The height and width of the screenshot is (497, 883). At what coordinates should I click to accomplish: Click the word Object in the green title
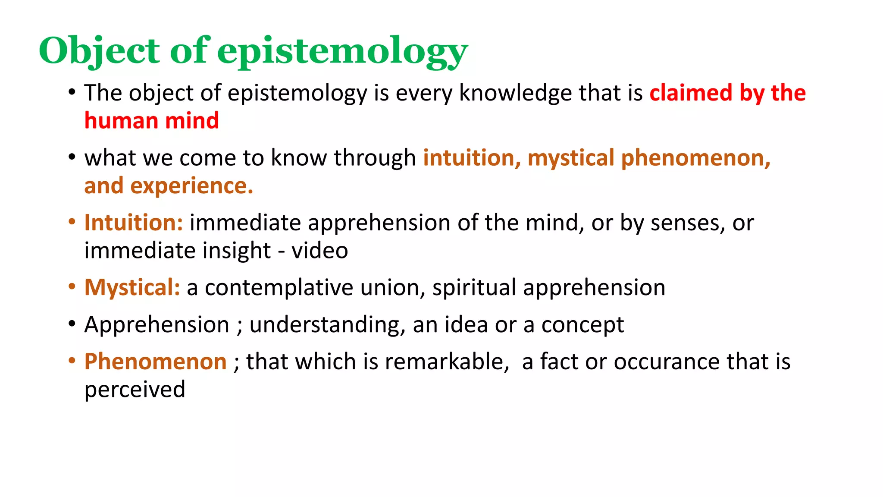tap(99, 51)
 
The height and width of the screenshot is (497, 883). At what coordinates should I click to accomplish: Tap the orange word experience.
tap(191, 186)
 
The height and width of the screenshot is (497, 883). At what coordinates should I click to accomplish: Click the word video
tap(319, 251)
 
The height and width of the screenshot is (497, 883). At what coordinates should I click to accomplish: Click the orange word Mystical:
tap(132, 287)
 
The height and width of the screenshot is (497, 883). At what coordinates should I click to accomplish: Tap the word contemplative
tap(279, 288)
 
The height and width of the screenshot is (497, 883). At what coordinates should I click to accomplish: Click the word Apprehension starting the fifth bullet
tap(157, 324)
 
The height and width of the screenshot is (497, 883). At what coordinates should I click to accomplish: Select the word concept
tap(582, 325)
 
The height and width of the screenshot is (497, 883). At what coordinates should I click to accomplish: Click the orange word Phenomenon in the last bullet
tap(155, 362)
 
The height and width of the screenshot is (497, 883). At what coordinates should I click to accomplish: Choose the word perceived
tap(135, 390)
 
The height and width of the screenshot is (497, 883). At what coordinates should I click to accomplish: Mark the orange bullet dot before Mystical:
tap(72, 286)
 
